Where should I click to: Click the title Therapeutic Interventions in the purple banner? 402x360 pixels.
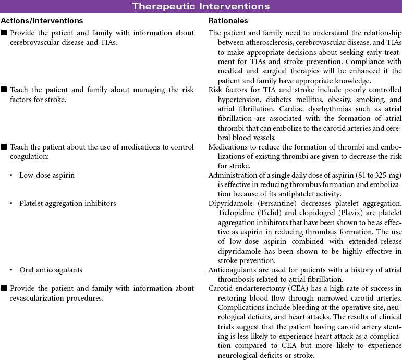pos(201,6)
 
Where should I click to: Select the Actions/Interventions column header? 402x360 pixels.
pos(42,21)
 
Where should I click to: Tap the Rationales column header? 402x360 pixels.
pos(228,21)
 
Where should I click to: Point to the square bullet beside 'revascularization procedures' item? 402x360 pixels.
pos(4,288)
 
